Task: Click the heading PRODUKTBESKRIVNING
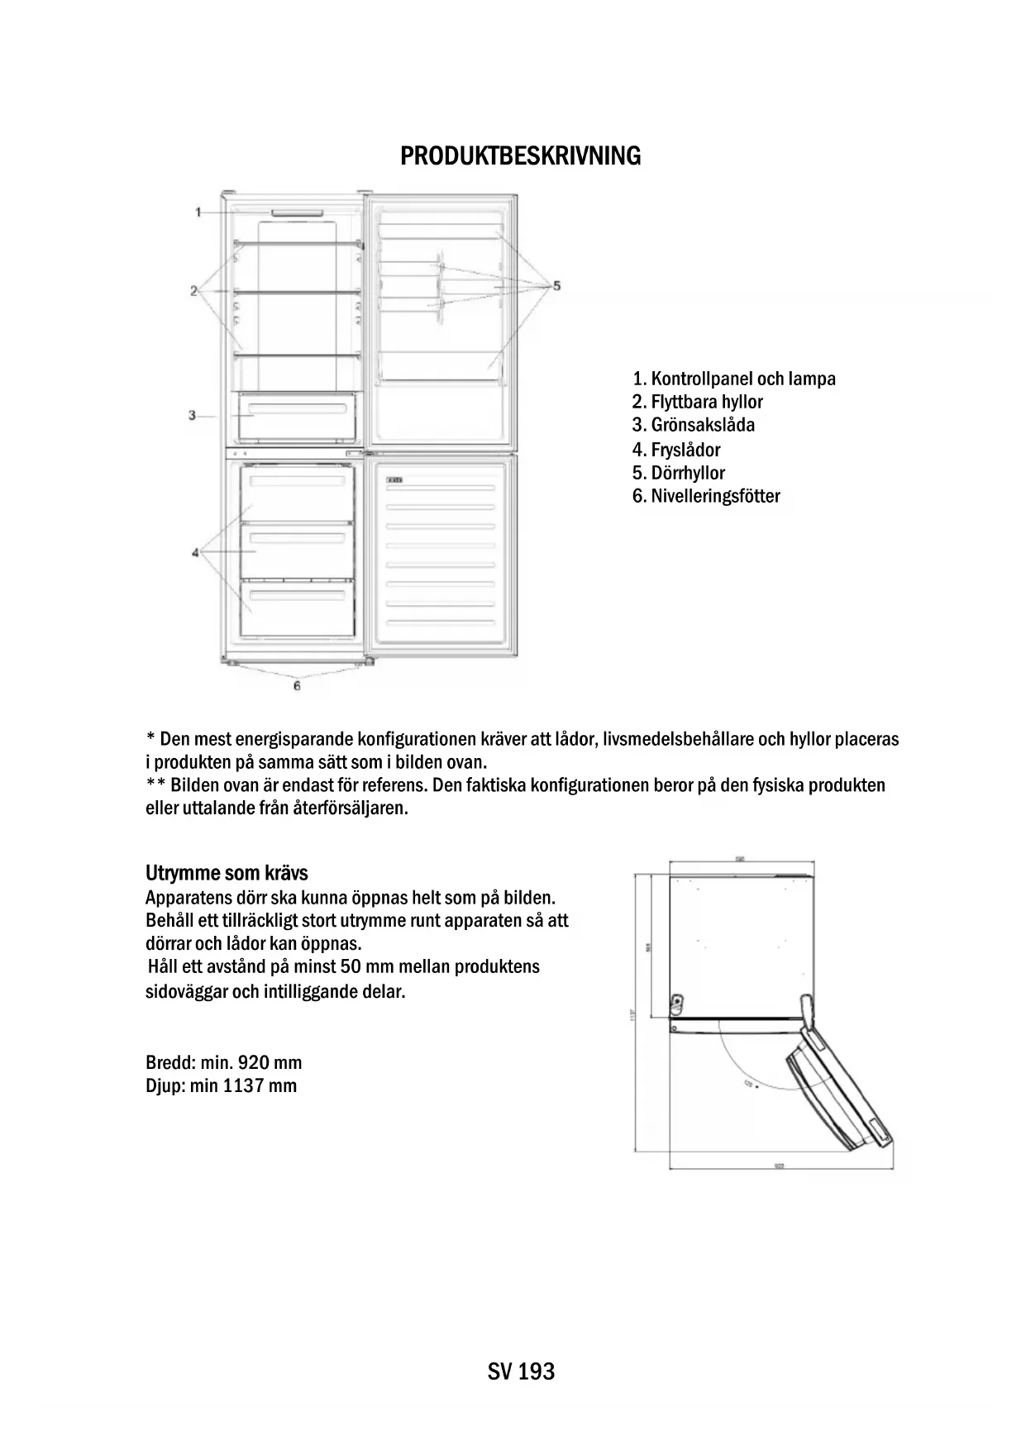point(520,156)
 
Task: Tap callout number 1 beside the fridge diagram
point(198,212)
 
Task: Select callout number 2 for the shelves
point(193,291)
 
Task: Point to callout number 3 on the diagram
point(192,415)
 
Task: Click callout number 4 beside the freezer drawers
point(196,552)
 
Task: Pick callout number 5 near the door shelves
point(556,285)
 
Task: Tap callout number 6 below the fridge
point(297,685)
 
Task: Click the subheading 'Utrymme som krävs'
point(227,873)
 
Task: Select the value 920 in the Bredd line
point(255,1062)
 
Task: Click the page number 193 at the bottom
point(537,1371)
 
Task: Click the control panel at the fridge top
point(296,212)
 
